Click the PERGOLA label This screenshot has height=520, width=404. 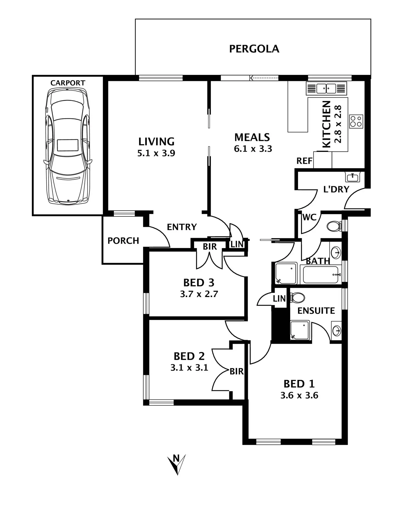point(254,49)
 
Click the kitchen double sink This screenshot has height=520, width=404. point(326,88)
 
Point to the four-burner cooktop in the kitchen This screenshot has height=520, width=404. point(356,121)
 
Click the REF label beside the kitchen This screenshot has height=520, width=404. point(304,161)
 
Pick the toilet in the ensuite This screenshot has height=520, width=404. point(298,297)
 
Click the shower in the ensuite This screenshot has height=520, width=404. point(300,330)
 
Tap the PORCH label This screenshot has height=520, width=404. point(123,241)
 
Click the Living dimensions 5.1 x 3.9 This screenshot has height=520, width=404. point(156,153)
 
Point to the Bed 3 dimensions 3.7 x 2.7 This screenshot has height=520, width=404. point(199,294)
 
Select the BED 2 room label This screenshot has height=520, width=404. point(189,356)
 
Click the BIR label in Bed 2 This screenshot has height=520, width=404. point(237,371)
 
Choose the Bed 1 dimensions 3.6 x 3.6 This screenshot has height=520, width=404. point(299,395)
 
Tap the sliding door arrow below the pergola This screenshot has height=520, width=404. point(264,78)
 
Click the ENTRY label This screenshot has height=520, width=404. point(182,227)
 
